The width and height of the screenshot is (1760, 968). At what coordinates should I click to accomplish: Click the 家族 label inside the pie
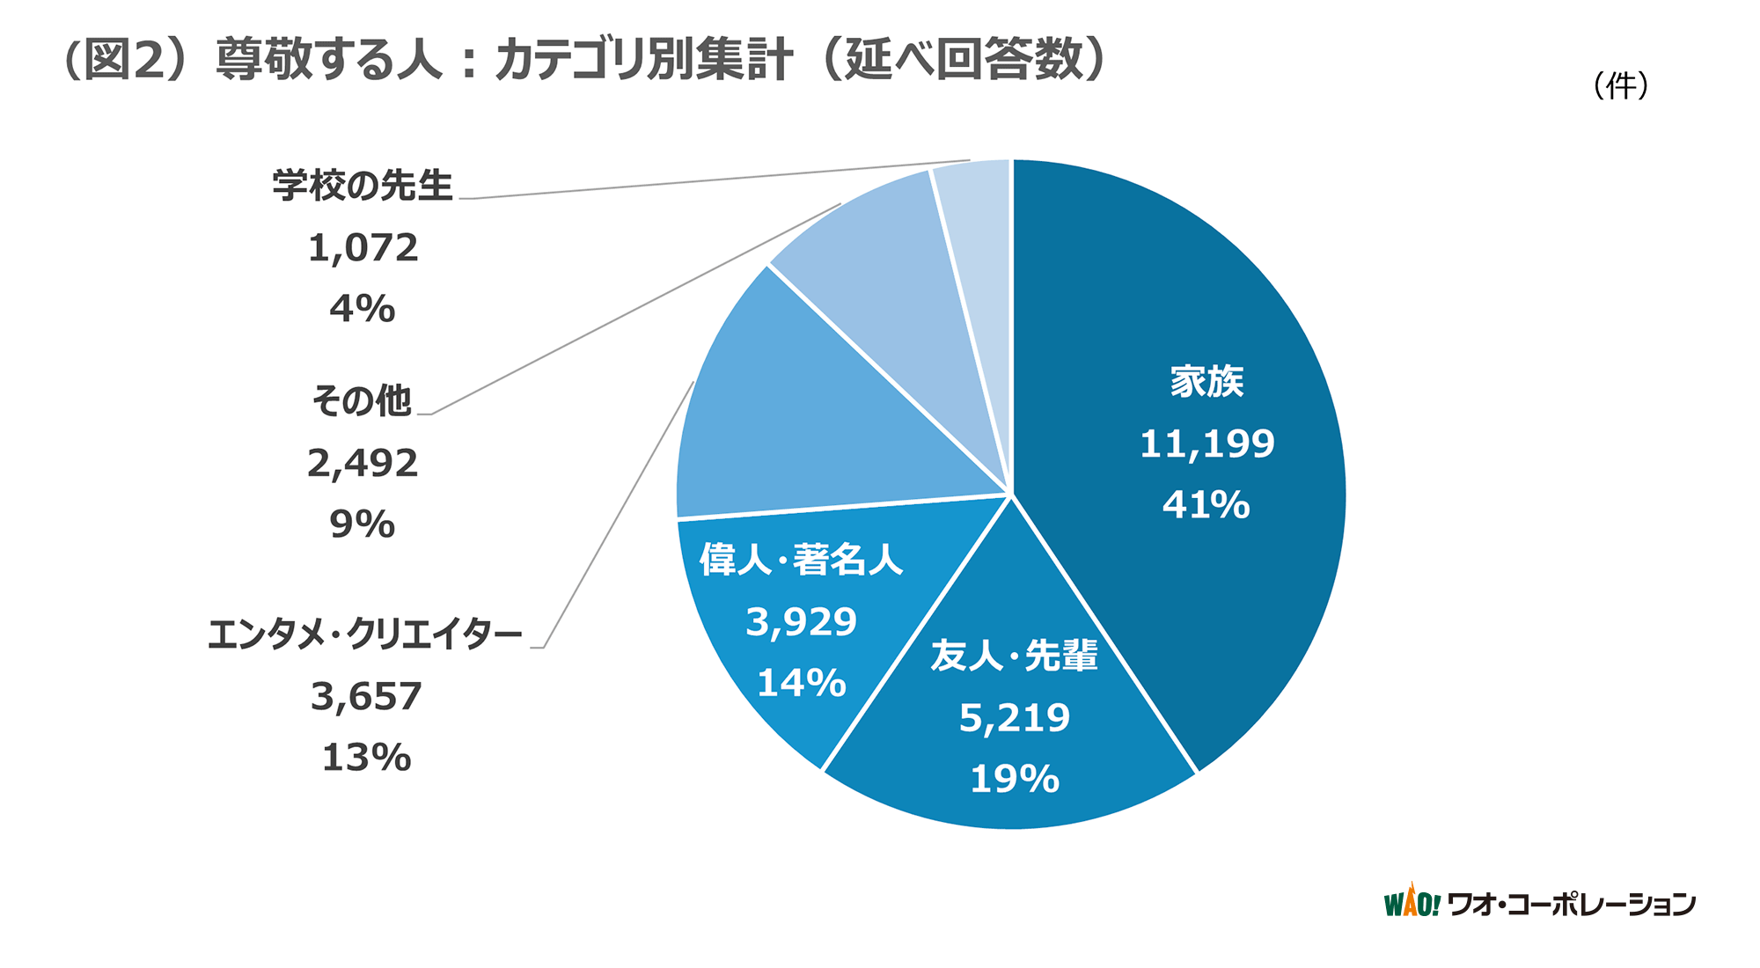coord(1206,382)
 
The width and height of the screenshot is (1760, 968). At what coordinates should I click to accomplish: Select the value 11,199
coord(1206,444)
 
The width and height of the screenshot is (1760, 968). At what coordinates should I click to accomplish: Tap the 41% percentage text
coord(1206,505)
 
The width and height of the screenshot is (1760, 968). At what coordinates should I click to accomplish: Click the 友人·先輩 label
coord(1015,656)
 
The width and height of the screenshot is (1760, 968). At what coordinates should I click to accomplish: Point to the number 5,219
coord(1015,718)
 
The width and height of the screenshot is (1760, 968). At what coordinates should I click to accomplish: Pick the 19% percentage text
coord(1015,780)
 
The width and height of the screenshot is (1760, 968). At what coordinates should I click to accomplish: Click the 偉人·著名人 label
coord(801,560)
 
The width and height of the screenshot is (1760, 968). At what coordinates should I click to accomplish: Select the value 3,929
coord(801,622)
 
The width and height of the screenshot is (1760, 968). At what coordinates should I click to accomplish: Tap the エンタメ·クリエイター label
coord(365,634)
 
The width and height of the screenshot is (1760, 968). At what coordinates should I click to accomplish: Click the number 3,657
coord(366,697)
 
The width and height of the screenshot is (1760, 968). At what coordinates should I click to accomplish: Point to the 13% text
coord(366,758)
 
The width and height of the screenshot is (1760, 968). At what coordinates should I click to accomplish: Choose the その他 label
coord(362,401)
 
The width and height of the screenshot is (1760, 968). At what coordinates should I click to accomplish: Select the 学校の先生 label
coord(363,186)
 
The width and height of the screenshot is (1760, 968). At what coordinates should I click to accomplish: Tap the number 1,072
coord(363,248)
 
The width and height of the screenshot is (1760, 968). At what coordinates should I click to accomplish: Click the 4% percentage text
coord(363,309)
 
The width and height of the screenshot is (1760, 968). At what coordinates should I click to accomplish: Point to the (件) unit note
coord(1620,85)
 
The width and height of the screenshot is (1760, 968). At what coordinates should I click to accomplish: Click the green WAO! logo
coord(1412,902)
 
